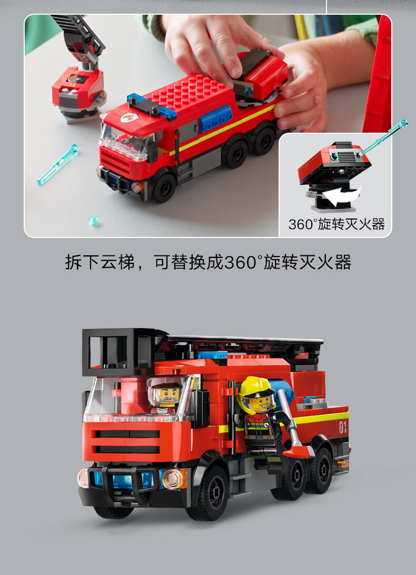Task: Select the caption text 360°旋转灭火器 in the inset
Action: click(336, 224)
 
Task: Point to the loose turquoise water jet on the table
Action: click(57, 165)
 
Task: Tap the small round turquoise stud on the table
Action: click(94, 221)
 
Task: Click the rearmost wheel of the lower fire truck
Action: click(320, 471)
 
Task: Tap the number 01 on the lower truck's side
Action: click(343, 427)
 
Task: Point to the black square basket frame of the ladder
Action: click(118, 352)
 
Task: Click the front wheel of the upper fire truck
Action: click(164, 187)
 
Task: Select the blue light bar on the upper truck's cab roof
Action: click(152, 106)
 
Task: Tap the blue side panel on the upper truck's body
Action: click(216, 118)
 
